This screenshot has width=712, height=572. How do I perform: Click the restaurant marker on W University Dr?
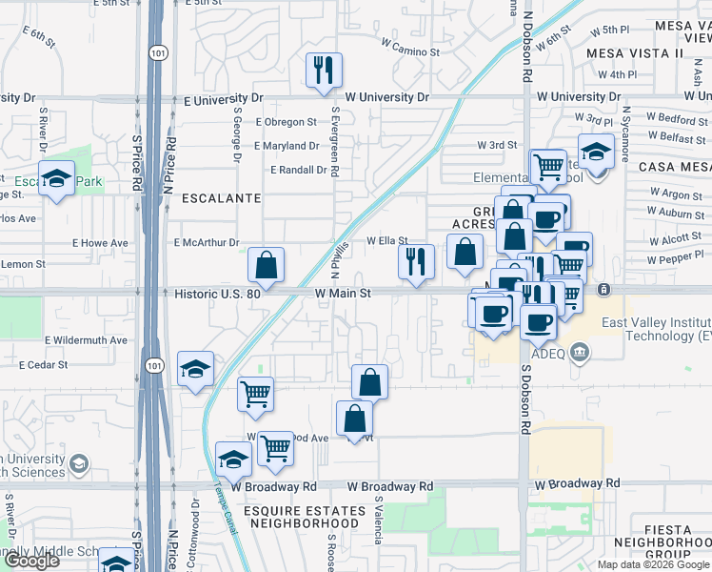(324, 71)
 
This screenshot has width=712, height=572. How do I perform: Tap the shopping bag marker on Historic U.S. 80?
(267, 266)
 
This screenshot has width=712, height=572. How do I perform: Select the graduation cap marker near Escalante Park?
(57, 179)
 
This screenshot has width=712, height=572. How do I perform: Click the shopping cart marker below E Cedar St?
(255, 393)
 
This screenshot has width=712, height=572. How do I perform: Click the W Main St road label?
(343, 294)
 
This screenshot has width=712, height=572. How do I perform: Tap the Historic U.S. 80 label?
(218, 294)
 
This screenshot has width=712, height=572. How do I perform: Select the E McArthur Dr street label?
(206, 243)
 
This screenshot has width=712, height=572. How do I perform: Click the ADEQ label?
(548, 353)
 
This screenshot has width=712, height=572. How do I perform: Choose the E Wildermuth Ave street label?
(86, 339)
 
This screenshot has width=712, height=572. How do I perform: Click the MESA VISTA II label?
(635, 53)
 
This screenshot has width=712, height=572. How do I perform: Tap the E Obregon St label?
(287, 122)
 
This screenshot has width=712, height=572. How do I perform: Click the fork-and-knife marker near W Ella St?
(415, 262)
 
